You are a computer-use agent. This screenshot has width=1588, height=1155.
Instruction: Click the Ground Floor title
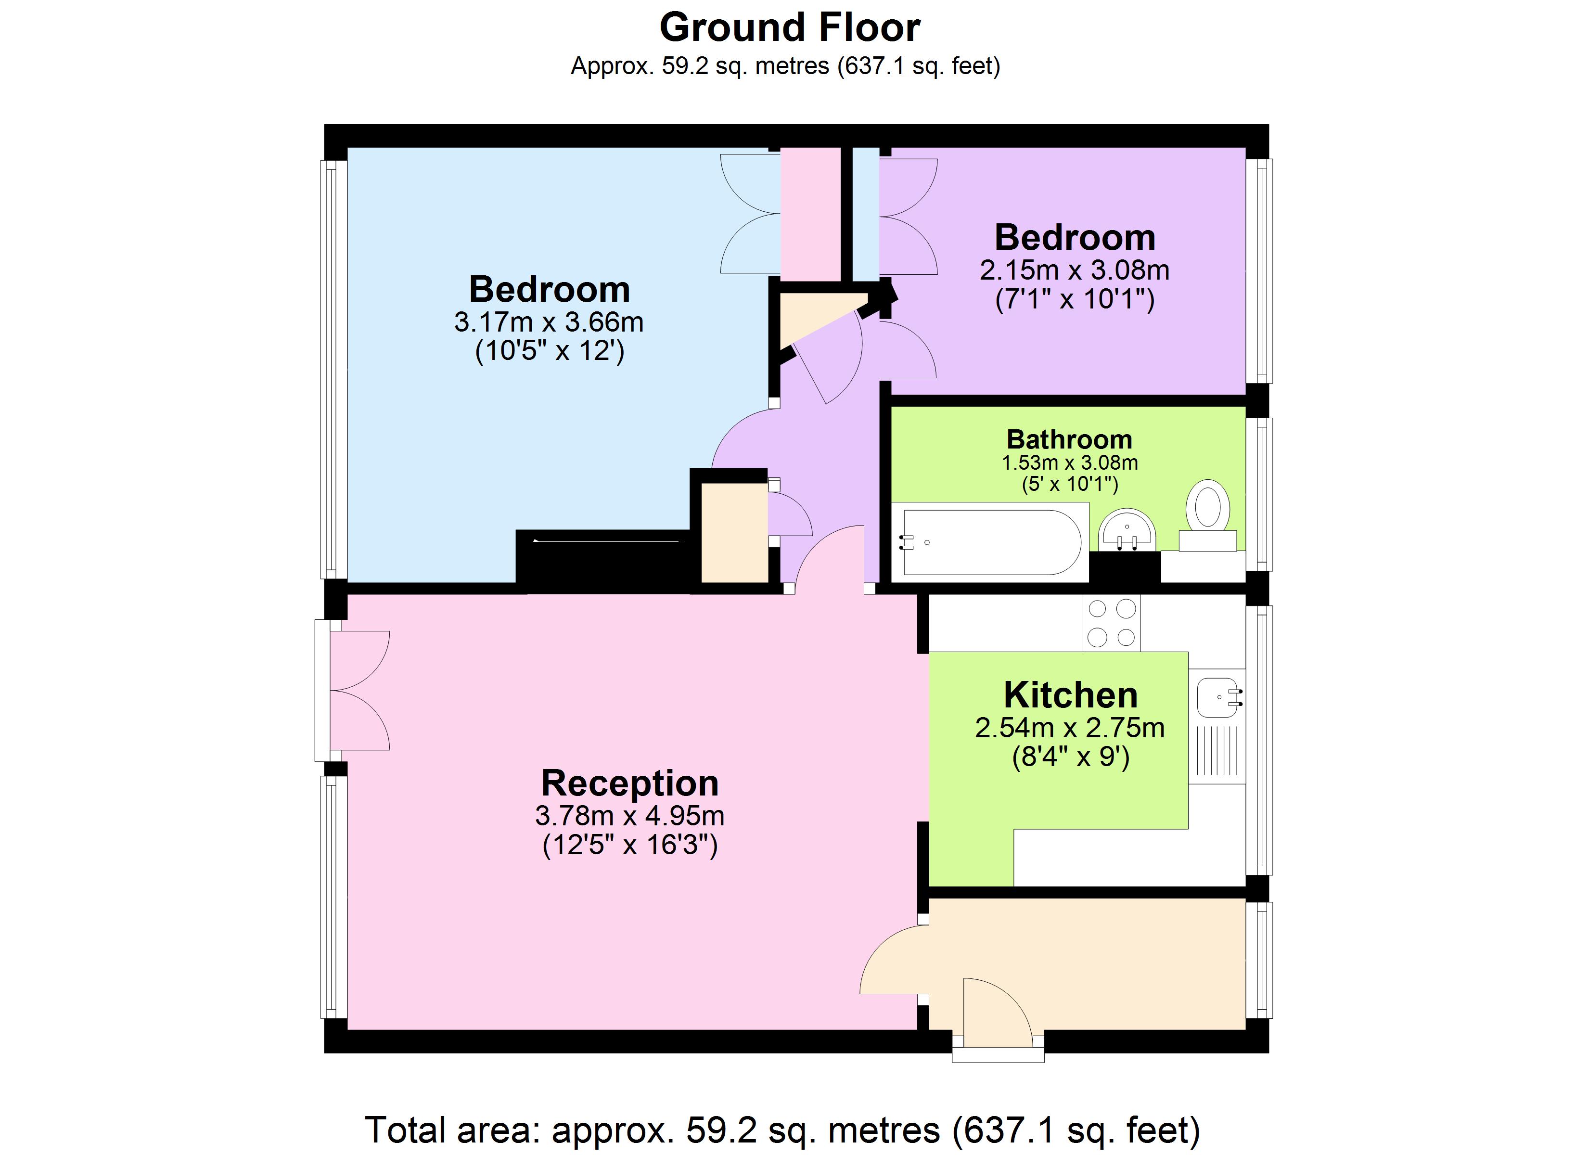(x=789, y=28)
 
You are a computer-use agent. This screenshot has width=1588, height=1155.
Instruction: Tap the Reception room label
(x=629, y=783)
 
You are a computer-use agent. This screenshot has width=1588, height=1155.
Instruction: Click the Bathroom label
(x=1069, y=439)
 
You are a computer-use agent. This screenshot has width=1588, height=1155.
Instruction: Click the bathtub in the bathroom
(x=991, y=542)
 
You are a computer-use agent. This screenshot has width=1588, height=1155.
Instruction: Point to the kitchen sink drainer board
(x=1217, y=753)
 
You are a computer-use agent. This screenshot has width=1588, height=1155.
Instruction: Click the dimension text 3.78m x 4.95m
(x=629, y=815)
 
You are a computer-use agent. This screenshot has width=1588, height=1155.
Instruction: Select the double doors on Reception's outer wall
(x=357, y=691)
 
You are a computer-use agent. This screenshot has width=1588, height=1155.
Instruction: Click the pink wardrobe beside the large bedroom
(x=811, y=214)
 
